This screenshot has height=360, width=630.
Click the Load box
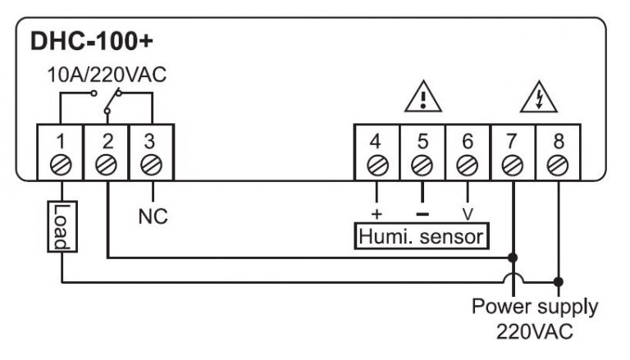61,226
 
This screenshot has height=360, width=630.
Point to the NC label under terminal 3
151,219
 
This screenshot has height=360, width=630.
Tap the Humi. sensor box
422,237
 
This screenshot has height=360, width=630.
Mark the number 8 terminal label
559,139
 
